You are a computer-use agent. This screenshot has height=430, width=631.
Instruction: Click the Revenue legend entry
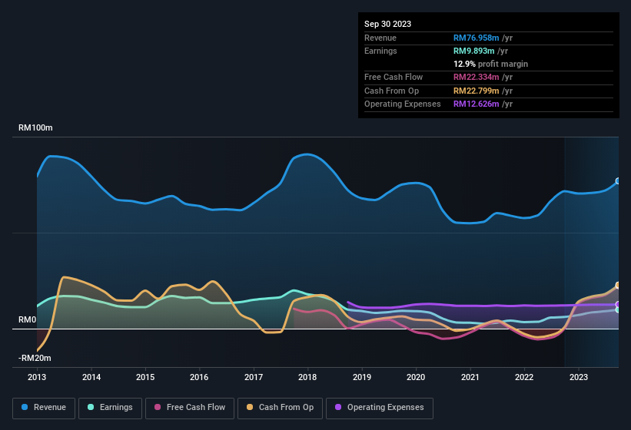(x=44, y=407)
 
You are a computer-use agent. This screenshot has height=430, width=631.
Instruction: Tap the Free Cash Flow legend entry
(x=191, y=407)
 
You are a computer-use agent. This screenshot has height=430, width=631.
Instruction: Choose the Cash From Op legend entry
(x=281, y=407)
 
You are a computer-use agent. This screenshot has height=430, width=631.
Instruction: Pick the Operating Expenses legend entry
(x=380, y=407)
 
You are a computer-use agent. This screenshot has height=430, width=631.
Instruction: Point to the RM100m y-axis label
(x=35, y=128)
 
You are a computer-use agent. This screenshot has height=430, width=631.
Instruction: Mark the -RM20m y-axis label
(x=35, y=358)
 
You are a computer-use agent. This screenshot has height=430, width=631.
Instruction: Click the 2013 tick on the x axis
(x=37, y=377)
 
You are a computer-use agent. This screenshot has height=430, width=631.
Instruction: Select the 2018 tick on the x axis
(x=307, y=377)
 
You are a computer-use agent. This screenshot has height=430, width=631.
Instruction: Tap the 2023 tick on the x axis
(x=578, y=377)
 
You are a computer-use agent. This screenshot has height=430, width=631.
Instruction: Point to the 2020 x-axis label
(x=416, y=377)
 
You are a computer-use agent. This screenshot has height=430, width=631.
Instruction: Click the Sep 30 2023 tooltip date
(x=387, y=24)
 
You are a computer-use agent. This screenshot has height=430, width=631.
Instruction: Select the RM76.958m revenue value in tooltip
(x=477, y=38)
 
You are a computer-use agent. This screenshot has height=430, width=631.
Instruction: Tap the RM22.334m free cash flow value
(x=477, y=78)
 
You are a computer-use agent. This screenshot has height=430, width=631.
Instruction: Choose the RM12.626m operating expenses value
(x=477, y=104)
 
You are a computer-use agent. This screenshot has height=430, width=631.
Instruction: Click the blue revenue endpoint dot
(x=618, y=181)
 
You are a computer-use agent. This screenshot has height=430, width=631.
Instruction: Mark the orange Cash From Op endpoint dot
(x=618, y=285)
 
